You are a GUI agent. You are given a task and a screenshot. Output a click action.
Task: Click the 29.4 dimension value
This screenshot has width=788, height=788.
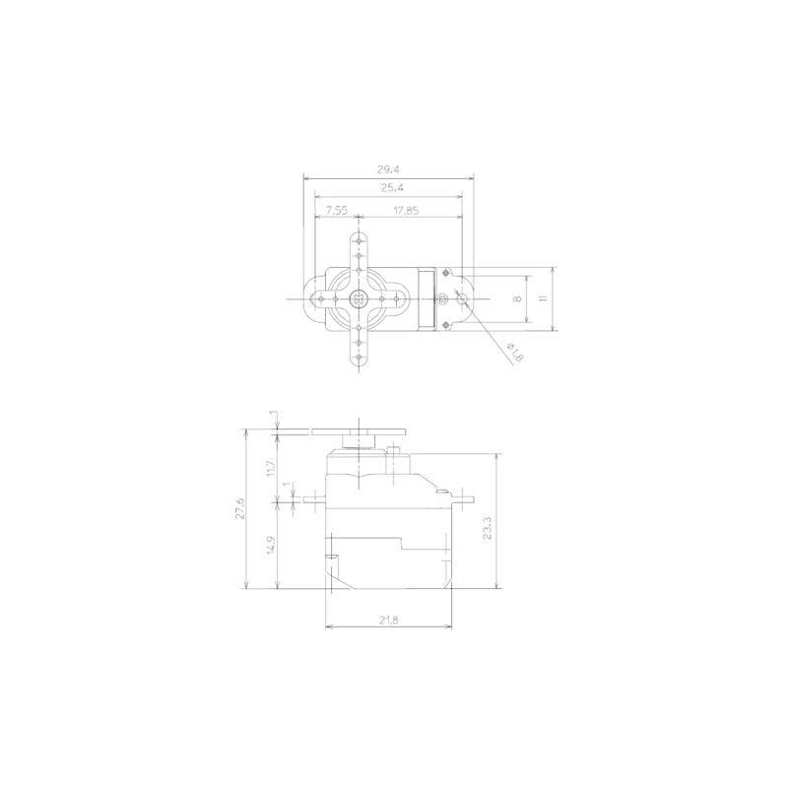(x=388, y=168)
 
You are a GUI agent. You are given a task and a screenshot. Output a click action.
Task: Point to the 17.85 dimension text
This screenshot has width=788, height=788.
(x=405, y=209)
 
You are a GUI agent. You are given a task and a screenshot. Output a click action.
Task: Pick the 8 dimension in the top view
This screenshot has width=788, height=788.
(x=519, y=298)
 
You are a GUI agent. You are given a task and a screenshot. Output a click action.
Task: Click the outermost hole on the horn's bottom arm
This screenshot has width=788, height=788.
(x=359, y=360)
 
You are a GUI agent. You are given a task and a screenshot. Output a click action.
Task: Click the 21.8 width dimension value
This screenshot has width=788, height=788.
(x=388, y=621)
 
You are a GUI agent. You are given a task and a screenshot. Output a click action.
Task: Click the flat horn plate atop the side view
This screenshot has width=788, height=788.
(x=359, y=430)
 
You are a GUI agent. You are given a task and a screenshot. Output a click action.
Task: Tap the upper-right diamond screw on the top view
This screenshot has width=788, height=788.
(x=446, y=271)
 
